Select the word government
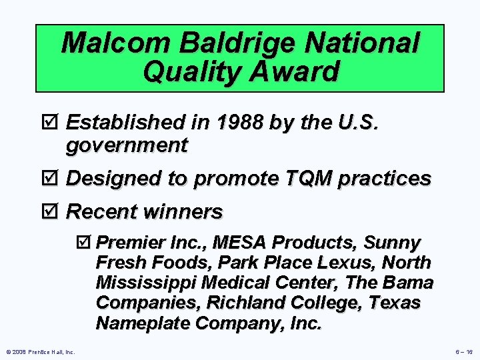(x=127, y=144)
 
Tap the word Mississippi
(x=147, y=283)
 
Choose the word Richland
(x=240, y=303)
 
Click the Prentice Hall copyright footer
(x=41, y=351)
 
